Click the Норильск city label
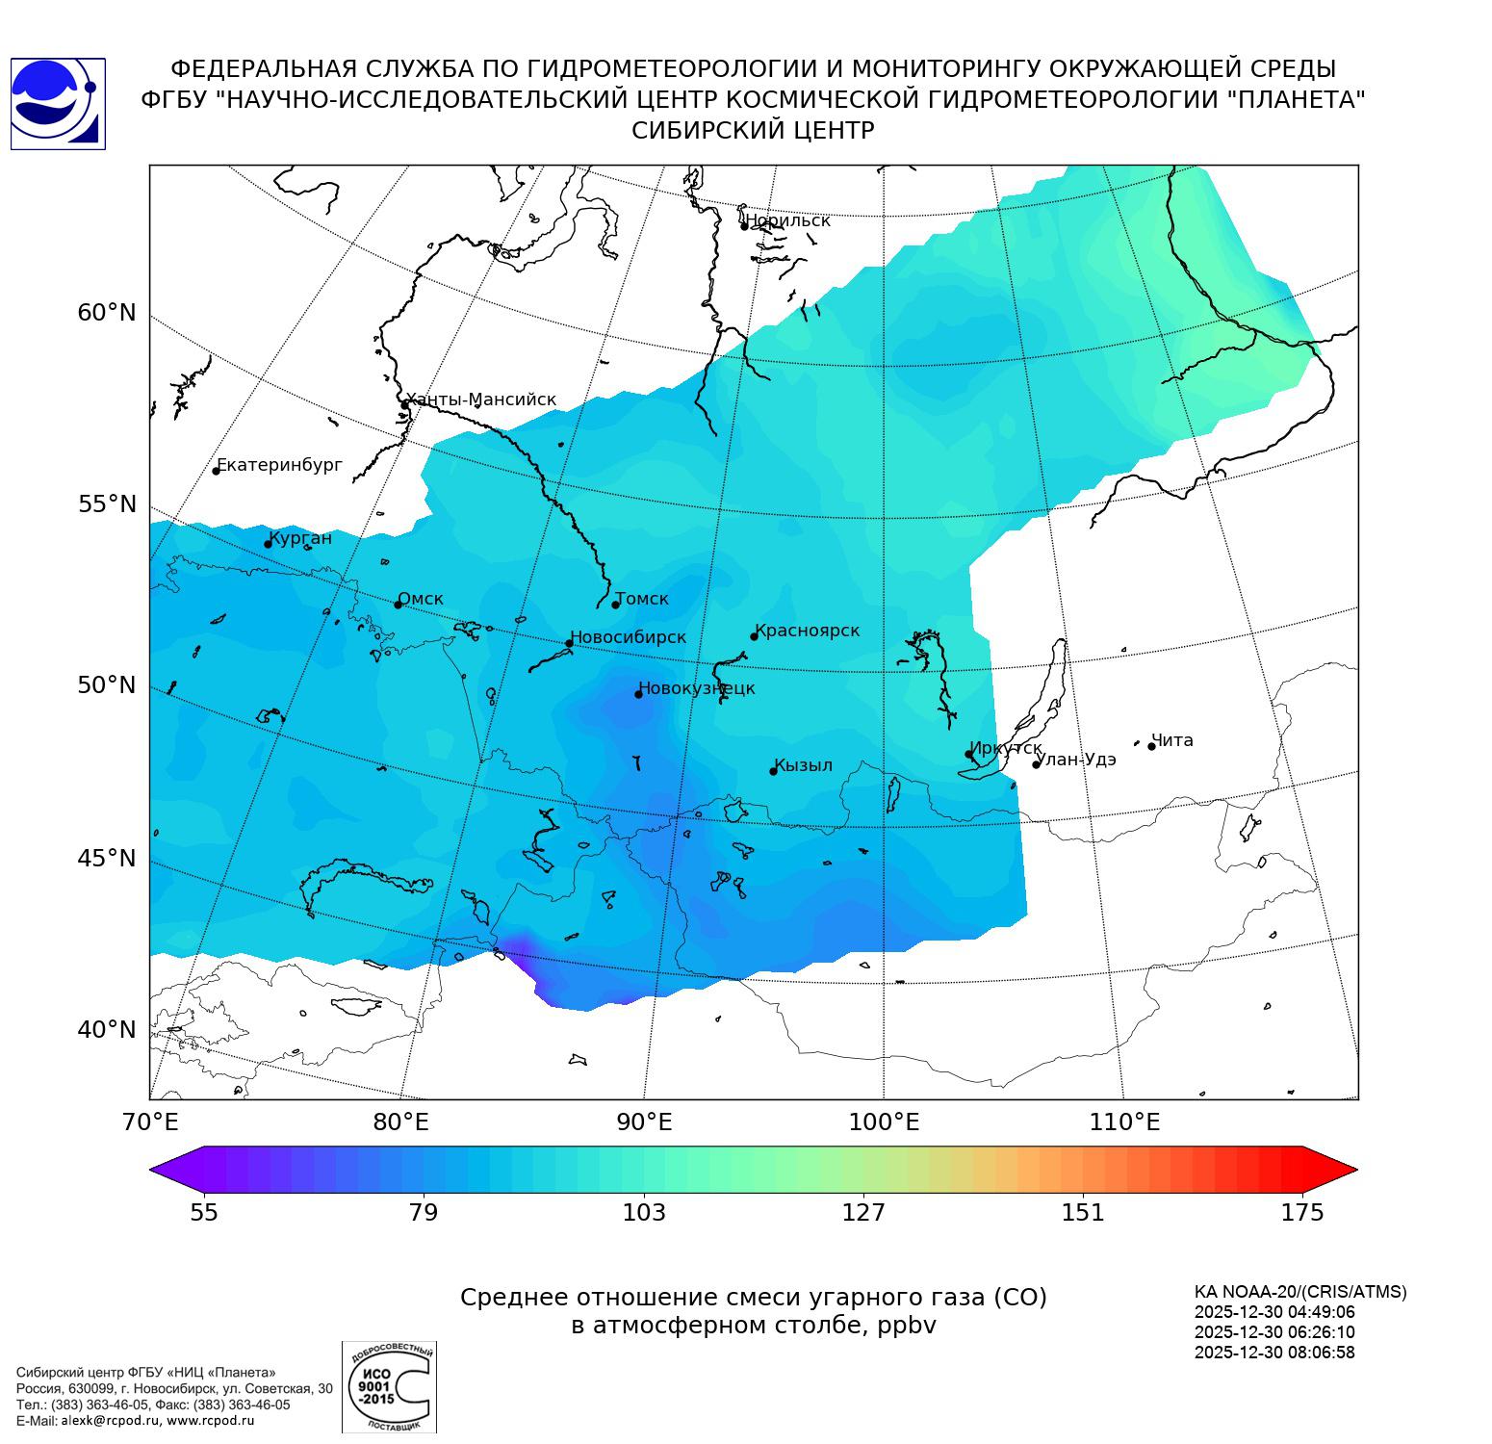[x=787, y=220]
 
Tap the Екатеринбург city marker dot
[x=216, y=471]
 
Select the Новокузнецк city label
[x=697, y=688]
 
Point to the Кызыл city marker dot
[x=773, y=771]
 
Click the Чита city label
[x=1172, y=740]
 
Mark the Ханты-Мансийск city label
[x=480, y=400]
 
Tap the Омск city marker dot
[x=398, y=605]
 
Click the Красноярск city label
[x=807, y=631]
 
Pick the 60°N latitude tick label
[x=107, y=313]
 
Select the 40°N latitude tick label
[x=107, y=1030]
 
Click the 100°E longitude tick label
[x=883, y=1122]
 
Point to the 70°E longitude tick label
[x=151, y=1122]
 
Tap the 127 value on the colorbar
[x=863, y=1213]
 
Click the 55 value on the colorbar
[x=204, y=1213]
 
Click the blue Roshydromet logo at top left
[x=58, y=104]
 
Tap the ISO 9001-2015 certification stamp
[x=389, y=1387]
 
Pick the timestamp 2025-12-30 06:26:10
[x=1274, y=1332]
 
